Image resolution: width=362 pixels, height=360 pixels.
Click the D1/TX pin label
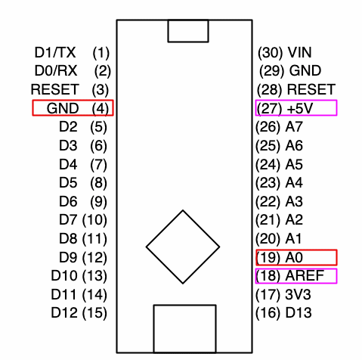tap(55, 53)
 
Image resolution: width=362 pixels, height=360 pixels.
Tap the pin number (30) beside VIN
tap(270, 53)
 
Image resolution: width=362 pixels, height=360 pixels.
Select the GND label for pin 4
tap(63, 108)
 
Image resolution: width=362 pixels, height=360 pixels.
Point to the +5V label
tap(300, 108)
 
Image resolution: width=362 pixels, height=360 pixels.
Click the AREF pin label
tap(305, 275)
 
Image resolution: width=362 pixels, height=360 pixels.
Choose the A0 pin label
tap(294, 257)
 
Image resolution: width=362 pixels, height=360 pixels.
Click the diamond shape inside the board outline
tap(146, 247)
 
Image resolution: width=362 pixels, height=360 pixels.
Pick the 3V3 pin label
tap(298, 294)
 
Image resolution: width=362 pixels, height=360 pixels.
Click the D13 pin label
tap(299, 312)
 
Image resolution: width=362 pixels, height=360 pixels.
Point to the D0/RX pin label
tap(56, 70)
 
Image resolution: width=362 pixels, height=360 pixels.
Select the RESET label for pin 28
tap(311, 89)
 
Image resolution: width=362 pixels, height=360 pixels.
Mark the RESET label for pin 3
tap(55, 89)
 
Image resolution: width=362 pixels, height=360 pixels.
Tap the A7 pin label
tap(294, 127)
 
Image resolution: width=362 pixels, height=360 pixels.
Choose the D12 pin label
tap(64, 312)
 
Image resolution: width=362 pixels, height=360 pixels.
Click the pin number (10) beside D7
tap(94, 220)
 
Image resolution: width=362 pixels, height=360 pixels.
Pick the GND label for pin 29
tap(305, 70)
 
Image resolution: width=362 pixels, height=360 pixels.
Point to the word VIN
tap(300, 53)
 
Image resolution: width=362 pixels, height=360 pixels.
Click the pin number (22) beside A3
tap(268, 202)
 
